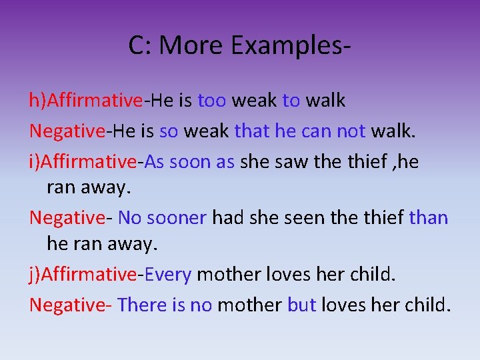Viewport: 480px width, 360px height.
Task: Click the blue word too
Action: (212, 101)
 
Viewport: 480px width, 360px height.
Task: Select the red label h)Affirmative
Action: (85, 101)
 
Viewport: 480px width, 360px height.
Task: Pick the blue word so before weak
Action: (169, 131)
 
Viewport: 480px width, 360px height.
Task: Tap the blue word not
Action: (351, 131)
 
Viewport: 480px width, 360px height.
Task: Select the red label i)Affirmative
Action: (83, 162)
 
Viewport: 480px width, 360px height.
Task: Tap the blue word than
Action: (428, 218)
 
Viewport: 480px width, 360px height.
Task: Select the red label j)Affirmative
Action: (83, 274)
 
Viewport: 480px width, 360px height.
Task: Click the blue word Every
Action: (168, 274)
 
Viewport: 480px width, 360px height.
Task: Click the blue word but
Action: (301, 305)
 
